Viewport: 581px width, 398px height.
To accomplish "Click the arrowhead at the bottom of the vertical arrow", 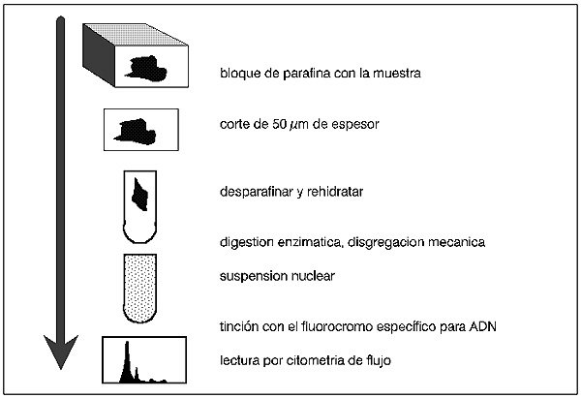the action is [x=61, y=351].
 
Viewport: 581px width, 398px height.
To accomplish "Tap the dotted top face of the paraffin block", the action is [x=136, y=35].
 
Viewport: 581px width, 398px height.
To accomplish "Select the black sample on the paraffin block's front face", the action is [x=146, y=69].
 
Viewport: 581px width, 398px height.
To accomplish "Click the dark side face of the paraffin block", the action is [x=99, y=55].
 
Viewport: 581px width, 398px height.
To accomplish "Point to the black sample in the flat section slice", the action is [x=136, y=132].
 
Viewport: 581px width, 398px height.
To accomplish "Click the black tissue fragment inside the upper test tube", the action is [x=140, y=195].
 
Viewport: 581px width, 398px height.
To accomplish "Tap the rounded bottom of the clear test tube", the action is [x=139, y=233].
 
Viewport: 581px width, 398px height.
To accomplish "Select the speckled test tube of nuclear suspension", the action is [x=140, y=289].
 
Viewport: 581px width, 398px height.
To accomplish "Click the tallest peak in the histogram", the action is [x=127, y=361].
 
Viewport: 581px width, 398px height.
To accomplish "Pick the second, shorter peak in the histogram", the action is [x=137, y=374].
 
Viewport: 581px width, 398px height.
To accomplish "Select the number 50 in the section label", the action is [x=280, y=124].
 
